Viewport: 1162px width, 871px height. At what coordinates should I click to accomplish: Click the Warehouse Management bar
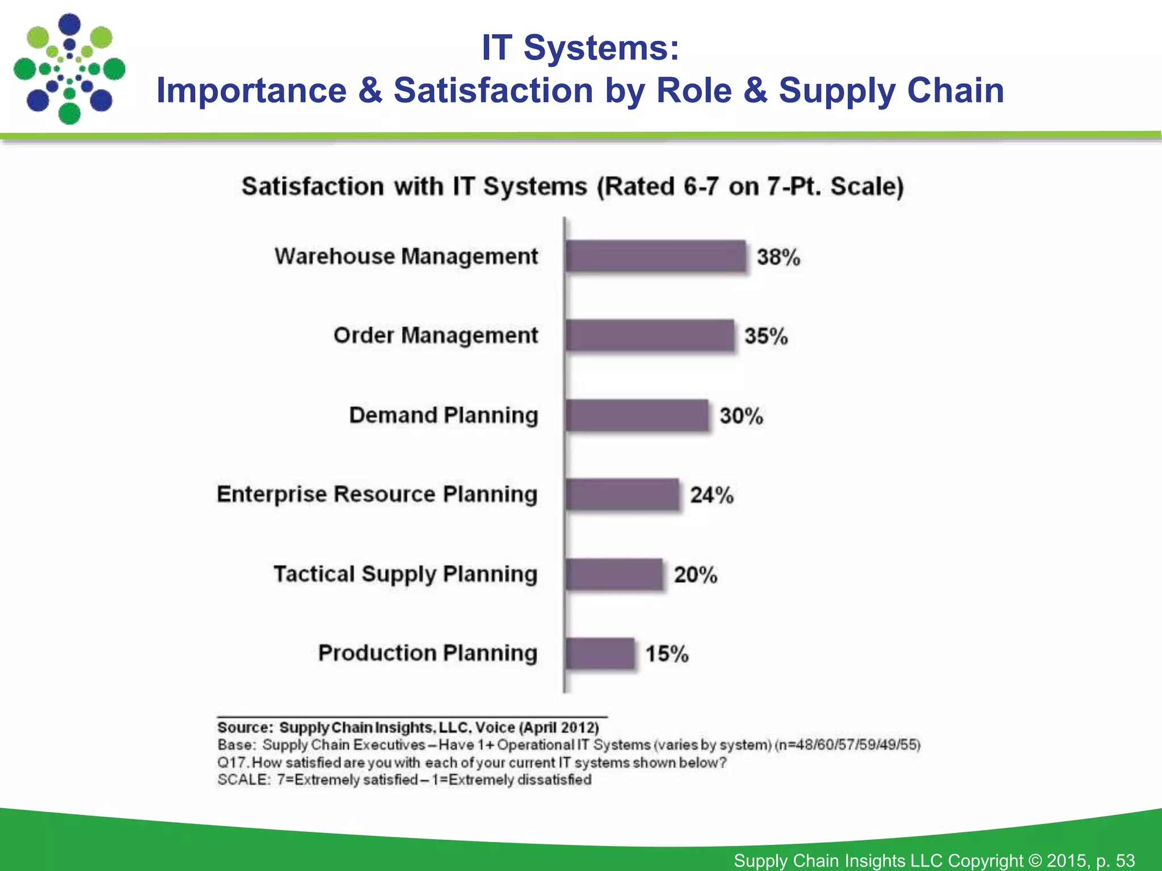point(655,256)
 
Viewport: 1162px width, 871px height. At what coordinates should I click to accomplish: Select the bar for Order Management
point(650,336)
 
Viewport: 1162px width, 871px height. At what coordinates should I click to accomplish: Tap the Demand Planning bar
point(637,415)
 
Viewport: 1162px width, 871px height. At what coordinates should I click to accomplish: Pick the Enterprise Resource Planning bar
point(622,494)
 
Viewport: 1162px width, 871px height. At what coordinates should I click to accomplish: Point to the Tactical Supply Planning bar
point(614,574)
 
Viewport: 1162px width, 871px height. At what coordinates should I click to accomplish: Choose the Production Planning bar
point(600,653)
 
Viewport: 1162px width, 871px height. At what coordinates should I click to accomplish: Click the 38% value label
point(778,257)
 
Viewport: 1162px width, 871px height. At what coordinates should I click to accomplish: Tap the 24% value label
point(711,495)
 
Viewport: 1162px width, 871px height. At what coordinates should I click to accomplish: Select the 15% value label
point(667,654)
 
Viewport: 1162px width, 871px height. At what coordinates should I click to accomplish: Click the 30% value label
point(741,416)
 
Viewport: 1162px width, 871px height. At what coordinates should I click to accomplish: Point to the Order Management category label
point(435,336)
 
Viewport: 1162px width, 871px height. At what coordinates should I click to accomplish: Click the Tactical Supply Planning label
point(405,574)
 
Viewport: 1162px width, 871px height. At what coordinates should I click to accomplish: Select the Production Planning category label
point(427,653)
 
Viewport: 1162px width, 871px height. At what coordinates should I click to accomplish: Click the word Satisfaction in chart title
point(313,187)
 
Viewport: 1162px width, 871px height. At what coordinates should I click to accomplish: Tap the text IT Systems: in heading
point(580,48)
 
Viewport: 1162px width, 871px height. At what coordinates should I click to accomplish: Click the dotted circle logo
point(69,69)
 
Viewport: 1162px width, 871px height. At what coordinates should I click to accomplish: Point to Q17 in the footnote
point(232,763)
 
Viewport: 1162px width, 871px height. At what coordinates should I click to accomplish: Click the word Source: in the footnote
point(245,728)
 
